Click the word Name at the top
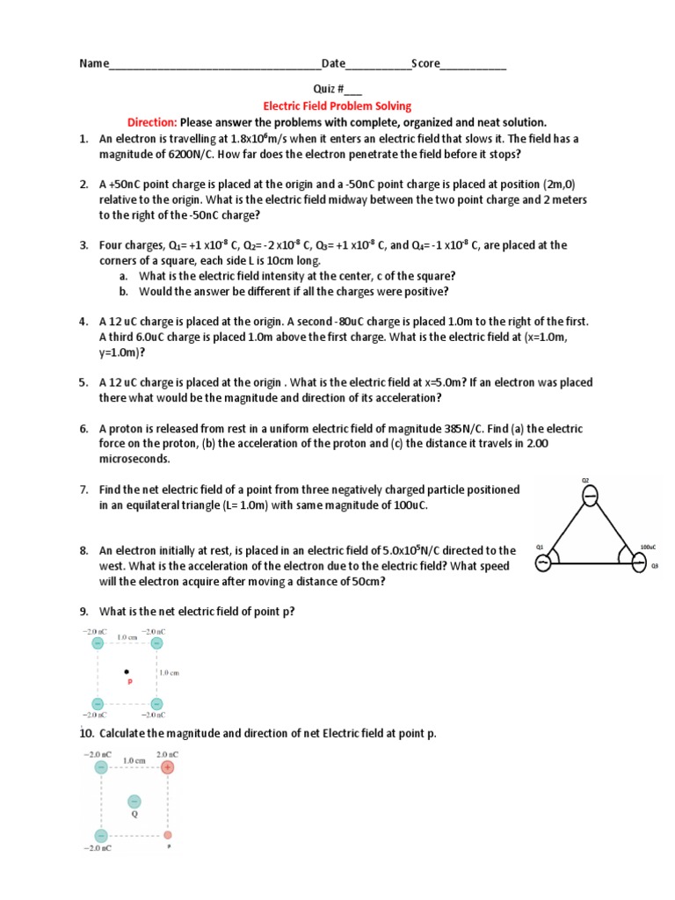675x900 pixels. (94, 63)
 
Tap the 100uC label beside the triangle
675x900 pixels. (648, 546)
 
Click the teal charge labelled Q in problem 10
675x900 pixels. (134, 801)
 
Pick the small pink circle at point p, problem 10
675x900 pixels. (167, 834)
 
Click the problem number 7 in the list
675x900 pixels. (83, 489)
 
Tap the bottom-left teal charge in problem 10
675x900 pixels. (101, 834)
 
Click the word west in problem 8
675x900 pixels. (113, 566)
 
